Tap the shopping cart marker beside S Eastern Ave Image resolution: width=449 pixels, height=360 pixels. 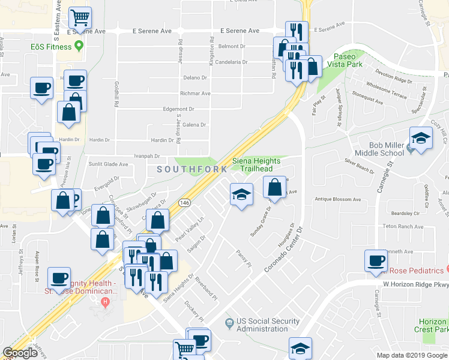[x=80, y=17]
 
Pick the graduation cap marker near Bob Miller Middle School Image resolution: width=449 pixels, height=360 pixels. [x=421, y=139]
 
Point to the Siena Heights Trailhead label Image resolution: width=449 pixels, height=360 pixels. [x=257, y=165]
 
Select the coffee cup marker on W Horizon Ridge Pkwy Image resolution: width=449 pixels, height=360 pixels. [x=376, y=261]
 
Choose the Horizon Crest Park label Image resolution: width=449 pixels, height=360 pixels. [x=432, y=326]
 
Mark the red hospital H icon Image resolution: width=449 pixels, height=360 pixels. [x=106, y=301]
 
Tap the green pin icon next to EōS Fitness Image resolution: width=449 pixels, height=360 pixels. [x=78, y=47]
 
